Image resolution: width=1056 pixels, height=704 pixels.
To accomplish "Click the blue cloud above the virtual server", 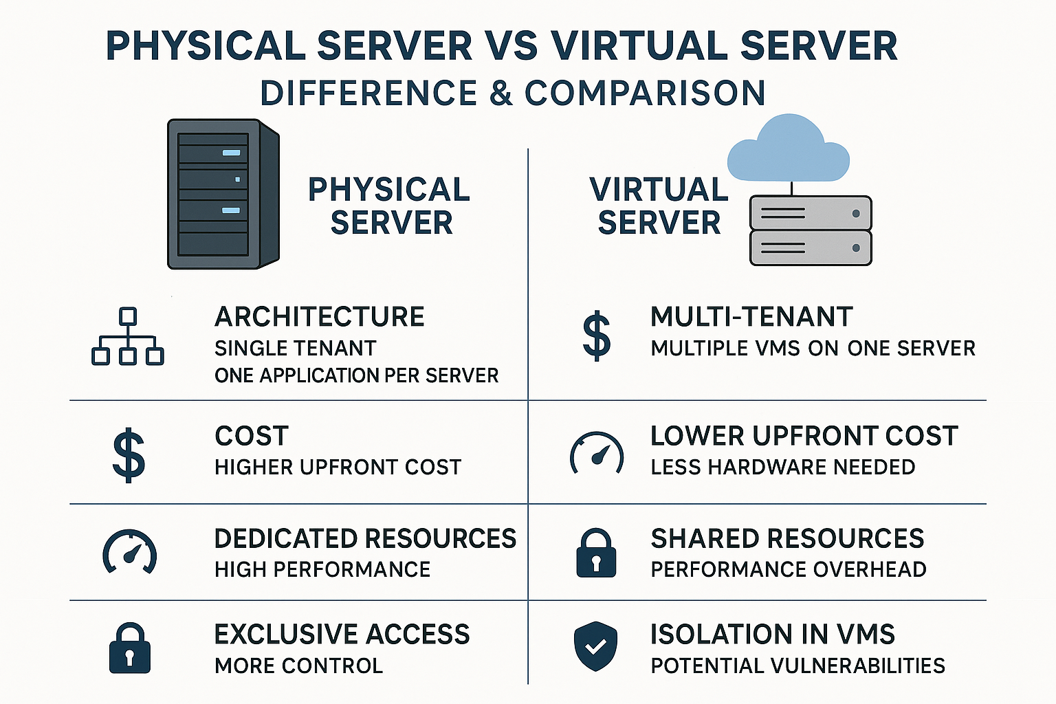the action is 789,148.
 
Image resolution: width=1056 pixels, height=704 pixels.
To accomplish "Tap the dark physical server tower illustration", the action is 223,194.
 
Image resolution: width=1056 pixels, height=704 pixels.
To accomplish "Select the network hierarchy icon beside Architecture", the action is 127,336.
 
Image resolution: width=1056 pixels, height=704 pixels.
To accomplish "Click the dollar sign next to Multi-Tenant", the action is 597,335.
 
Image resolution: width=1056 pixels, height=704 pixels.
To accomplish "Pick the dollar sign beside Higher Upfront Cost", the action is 129,455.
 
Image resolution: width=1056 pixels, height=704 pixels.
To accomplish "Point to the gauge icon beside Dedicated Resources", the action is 130,551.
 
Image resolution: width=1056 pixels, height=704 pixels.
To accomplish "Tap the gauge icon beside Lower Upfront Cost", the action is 597,452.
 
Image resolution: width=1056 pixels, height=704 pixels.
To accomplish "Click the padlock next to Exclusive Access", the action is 130,648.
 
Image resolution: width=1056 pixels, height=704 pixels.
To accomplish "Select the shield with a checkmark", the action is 596,646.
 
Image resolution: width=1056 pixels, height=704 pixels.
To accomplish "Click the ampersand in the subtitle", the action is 501,93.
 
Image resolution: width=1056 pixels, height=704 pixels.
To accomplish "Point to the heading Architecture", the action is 320,316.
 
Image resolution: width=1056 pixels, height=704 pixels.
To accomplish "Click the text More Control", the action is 298,665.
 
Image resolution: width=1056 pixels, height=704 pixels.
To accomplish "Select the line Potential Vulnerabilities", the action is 798,665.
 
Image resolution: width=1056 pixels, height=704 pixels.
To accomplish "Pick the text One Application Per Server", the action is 356,376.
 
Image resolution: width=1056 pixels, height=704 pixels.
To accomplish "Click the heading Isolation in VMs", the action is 773,634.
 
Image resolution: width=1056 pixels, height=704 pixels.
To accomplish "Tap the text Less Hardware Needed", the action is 783,467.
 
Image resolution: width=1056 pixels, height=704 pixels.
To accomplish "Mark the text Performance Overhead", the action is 789,570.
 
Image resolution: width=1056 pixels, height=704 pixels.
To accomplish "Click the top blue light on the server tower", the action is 232,153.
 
